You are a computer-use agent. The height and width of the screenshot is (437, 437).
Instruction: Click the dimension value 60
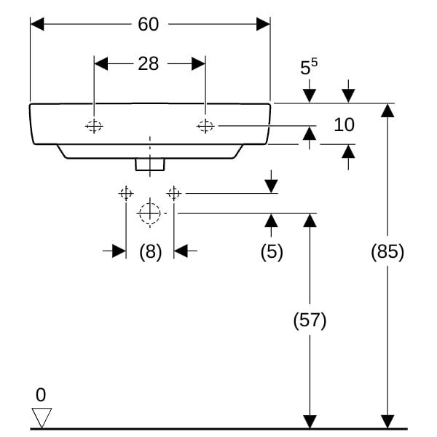click(149, 24)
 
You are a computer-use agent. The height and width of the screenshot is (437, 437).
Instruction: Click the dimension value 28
click(149, 64)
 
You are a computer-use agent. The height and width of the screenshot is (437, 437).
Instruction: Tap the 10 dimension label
click(345, 125)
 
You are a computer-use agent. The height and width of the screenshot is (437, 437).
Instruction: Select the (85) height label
click(387, 252)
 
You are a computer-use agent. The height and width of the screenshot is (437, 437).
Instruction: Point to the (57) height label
click(310, 320)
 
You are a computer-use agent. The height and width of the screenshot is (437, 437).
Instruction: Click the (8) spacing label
click(150, 252)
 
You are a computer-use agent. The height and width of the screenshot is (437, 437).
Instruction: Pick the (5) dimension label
click(272, 252)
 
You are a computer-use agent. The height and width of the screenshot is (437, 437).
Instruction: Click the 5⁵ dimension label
click(309, 67)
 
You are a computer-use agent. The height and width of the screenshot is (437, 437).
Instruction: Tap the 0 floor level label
click(41, 395)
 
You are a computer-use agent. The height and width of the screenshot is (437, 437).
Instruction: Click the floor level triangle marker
click(42, 417)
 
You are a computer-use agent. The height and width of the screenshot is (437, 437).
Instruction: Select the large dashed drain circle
click(150, 213)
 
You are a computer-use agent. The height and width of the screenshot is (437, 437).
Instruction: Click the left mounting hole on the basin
click(94, 126)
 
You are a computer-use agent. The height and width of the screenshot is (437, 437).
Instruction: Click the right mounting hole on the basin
click(205, 126)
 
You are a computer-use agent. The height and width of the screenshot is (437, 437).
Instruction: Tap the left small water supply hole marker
click(126, 193)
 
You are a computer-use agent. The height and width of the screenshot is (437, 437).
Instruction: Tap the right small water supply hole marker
click(173, 193)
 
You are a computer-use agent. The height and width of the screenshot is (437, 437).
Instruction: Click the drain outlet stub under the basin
click(150, 165)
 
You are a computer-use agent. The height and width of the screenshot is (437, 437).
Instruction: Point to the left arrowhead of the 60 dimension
click(37, 24)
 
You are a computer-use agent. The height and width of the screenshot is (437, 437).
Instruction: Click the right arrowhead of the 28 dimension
click(198, 64)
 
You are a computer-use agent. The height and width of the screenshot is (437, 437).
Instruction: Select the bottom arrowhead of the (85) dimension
click(387, 422)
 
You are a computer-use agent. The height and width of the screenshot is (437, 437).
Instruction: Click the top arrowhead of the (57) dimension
click(310, 221)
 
